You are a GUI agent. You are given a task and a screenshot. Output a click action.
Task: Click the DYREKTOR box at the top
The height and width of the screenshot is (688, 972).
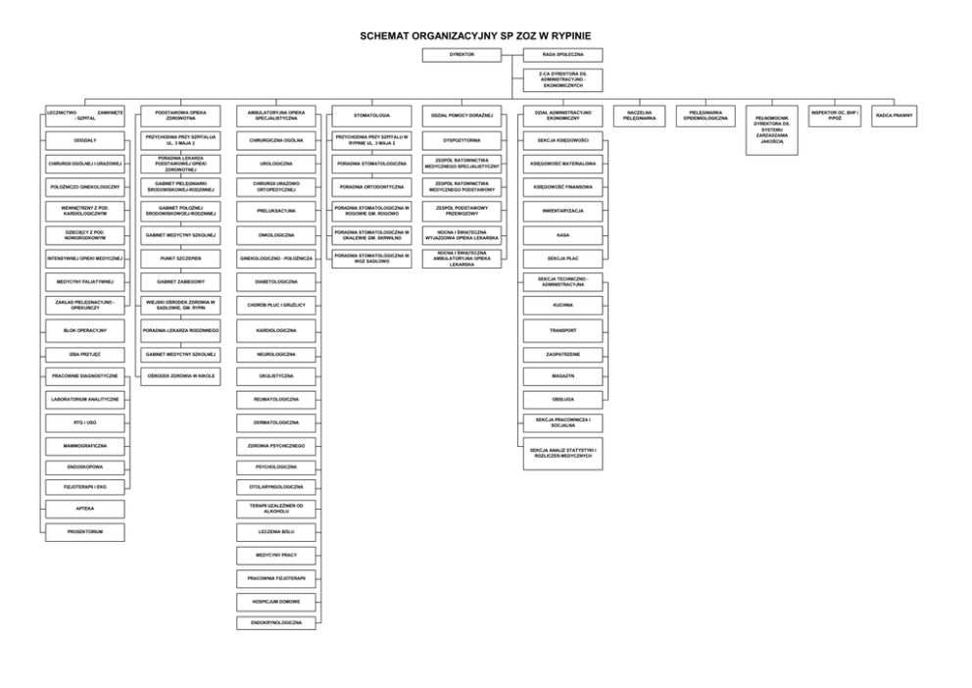462,55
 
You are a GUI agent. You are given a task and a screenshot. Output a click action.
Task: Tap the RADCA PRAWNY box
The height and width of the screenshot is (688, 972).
895,116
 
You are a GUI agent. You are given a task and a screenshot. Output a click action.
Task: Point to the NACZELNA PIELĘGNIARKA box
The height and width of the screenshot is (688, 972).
639,116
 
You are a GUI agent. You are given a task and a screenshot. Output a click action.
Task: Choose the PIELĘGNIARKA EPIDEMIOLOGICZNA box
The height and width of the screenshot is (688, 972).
706,116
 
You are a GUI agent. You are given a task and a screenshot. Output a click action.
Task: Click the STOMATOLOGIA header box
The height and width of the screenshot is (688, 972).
371,116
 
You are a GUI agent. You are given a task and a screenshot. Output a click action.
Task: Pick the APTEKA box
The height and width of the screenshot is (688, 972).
84,509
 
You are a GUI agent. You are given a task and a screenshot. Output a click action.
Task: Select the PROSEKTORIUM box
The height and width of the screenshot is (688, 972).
84,532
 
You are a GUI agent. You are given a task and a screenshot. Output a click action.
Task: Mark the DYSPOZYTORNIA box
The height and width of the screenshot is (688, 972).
462,140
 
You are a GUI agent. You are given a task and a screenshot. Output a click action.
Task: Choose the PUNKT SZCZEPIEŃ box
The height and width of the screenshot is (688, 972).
180,258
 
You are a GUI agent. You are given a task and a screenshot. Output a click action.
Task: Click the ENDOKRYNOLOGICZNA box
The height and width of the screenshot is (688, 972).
275,622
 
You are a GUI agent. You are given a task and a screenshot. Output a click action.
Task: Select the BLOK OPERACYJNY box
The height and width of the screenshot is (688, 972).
84,330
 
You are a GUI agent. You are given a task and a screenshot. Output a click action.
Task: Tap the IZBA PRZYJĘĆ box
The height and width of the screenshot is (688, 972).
84,354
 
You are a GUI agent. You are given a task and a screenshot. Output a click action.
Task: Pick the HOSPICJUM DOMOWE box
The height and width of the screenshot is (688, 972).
275,599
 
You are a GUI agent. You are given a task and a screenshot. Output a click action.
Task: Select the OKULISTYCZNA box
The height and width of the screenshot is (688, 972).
275,375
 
